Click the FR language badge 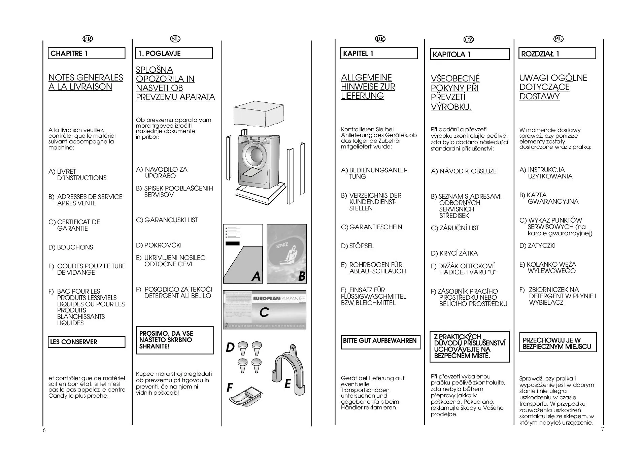tap(88, 39)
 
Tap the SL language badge tap(175, 39)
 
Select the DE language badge tap(380, 39)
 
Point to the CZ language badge tap(468, 39)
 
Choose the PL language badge tap(558, 39)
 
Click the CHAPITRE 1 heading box tap(87, 54)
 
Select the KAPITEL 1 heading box tap(379, 54)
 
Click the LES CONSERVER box tap(87, 342)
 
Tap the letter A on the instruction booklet tap(256, 276)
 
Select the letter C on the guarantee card tap(264, 312)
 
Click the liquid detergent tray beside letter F tap(246, 396)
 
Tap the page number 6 tap(44, 430)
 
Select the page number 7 tap(602, 429)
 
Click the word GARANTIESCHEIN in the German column tap(375, 227)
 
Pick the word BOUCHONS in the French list tap(75, 247)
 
